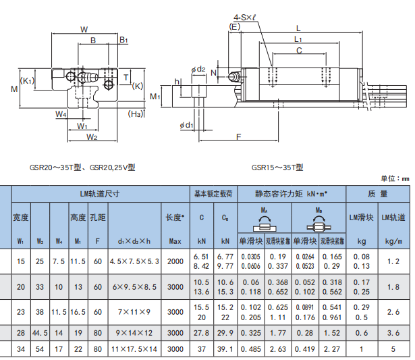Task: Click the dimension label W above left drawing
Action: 84,29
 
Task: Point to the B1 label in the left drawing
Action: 124,41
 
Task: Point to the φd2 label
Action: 198,69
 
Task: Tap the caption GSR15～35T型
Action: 277,167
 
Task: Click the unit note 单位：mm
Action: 395,178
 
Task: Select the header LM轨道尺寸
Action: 99,193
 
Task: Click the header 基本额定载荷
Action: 213,193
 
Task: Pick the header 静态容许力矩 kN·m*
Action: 291,193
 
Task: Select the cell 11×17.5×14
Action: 134,349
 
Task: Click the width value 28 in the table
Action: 20,333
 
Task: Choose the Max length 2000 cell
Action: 175,261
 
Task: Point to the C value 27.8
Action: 201,333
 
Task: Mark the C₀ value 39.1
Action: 225,349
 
